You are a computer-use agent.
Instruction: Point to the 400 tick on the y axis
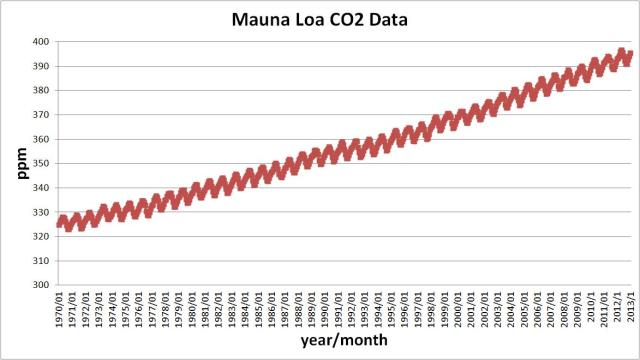40,42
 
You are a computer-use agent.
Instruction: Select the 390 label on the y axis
40,66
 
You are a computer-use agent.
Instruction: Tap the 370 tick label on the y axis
40,115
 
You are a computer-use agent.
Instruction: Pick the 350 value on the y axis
40,163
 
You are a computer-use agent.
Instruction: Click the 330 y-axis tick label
40,212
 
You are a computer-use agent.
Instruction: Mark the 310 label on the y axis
40,261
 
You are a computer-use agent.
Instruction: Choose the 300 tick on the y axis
40,285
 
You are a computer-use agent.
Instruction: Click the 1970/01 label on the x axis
62,309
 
